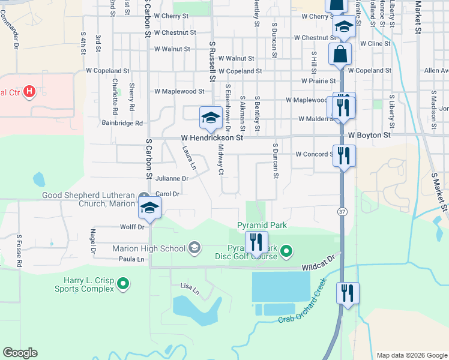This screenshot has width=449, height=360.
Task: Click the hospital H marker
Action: (28, 92)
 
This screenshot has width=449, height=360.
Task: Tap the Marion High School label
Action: (149, 248)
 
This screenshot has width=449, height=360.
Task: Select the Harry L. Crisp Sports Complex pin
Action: (123, 283)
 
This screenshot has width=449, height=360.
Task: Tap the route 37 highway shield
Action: (342, 212)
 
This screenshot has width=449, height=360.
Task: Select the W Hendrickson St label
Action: (212, 137)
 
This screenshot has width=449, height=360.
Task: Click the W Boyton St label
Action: (369, 136)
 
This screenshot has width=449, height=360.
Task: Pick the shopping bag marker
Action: (340, 53)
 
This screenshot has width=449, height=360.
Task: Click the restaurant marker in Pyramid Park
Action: (256, 242)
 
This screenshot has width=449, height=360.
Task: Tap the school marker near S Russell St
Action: (211, 117)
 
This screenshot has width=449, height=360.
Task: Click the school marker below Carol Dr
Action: (149, 209)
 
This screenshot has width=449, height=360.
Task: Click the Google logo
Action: (20, 353)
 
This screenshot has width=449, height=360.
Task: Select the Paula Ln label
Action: (132, 259)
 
